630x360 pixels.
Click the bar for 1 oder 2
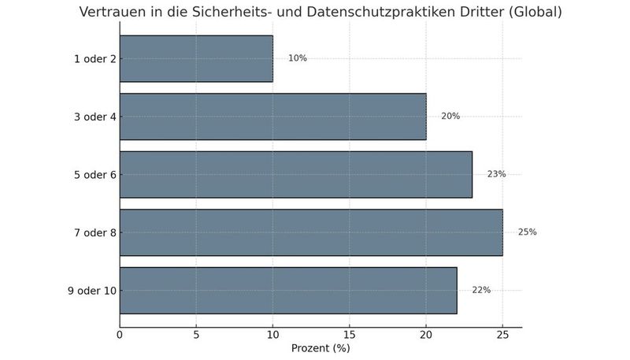tap(196, 58)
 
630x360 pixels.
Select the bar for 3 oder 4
tap(272, 117)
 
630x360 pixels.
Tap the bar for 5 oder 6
tap(295, 174)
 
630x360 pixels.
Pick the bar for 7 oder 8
tap(310, 232)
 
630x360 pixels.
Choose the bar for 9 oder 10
tap(287, 290)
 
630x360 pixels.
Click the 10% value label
tap(297, 58)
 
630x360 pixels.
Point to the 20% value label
tap(450, 117)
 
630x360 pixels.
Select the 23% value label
tap(496, 174)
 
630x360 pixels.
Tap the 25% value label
tap(527, 232)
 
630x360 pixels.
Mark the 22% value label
tap(481, 290)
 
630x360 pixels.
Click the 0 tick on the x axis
tap(120, 335)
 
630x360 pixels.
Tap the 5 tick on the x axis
tap(196, 335)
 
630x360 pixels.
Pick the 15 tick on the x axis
tap(349, 335)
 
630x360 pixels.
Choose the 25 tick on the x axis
tap(502, 335)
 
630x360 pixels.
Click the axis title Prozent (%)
tap(321, 348)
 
